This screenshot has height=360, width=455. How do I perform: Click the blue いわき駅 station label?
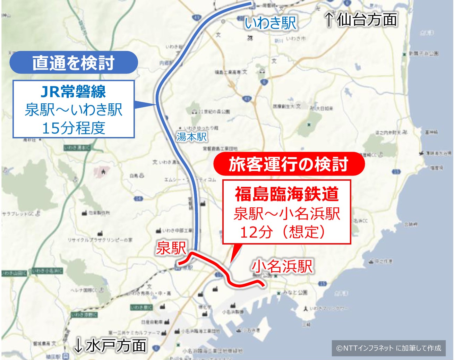click(271, 23)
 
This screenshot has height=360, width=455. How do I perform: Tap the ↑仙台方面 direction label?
click(361, 19)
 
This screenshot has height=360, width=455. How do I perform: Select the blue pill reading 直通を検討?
click(74, 63)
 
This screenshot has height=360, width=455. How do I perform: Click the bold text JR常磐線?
click(74, 92)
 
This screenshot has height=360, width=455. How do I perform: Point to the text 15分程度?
click(74, 128)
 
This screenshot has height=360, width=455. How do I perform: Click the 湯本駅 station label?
click(191, 137)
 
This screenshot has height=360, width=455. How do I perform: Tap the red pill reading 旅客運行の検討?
click(288, 164)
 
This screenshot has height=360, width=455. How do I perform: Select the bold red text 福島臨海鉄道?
click(286, 194)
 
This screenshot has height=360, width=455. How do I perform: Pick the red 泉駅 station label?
click(171, 248)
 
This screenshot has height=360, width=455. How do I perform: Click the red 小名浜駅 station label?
click(282, 266)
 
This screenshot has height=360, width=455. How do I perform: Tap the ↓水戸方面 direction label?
click(110, 345)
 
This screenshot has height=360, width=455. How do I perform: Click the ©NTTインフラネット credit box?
click(388, 348)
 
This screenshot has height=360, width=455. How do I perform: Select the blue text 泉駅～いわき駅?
click(74, 110)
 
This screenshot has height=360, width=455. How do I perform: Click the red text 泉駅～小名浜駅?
click(286, 214)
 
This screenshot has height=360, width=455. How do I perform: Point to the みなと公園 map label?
click(295, 292)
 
